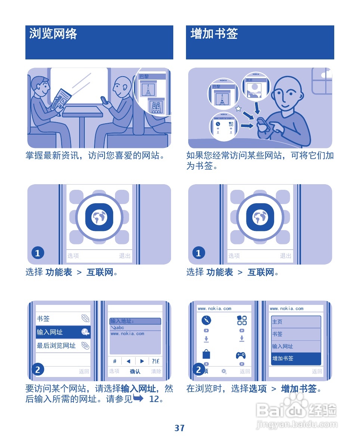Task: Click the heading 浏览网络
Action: point(53,34)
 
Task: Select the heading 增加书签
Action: point(214,34)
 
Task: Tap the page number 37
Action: point(180,428)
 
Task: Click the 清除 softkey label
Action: point(156,371)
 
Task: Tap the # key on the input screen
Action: point(115,361)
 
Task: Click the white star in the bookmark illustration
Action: point(239,109)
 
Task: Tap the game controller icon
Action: point(241,355)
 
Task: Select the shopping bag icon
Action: point(206,353)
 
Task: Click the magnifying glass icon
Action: point(224,371)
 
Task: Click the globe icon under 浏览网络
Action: point(99,217)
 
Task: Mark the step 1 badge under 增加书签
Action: point(198,253)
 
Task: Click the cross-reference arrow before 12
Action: point(138,399)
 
